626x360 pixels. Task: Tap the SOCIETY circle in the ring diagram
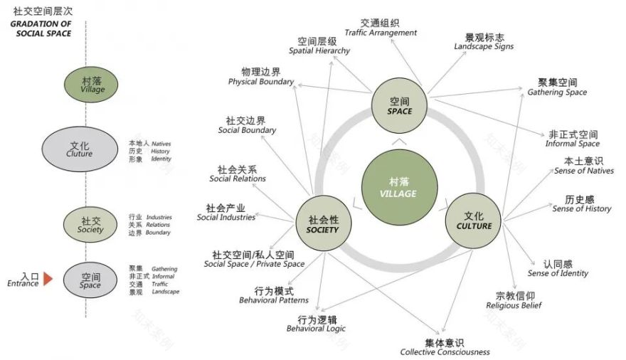(x=322, y=224)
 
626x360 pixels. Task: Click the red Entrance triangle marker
(x=48, y=279)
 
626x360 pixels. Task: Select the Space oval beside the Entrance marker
(x=90, y=280)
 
